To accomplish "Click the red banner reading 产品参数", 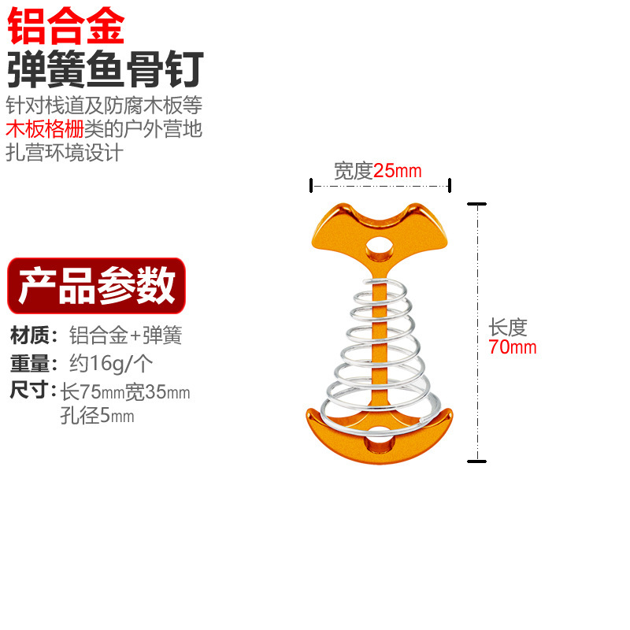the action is (96, 286).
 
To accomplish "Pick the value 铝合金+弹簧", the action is (126, 336).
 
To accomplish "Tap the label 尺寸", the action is (31, 391).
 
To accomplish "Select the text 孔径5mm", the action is (97, 417).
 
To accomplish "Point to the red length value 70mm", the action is (512, 347).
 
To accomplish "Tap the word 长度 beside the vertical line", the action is (507, 327).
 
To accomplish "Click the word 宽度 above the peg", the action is (353, 171).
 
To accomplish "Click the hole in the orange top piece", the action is (380, 248).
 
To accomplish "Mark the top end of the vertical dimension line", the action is (476, 204).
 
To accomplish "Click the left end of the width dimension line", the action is (312, 186).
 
